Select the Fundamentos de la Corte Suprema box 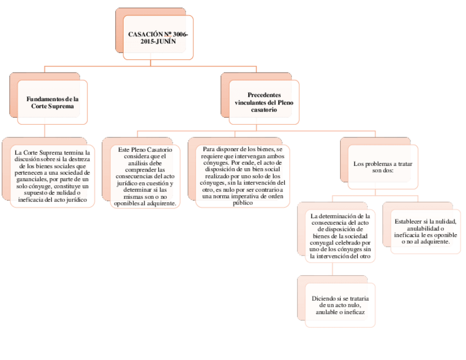point(52,103)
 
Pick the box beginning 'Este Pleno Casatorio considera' point(145,176)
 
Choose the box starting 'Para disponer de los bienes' point(242,176)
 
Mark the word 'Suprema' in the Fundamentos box point(60,106)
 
